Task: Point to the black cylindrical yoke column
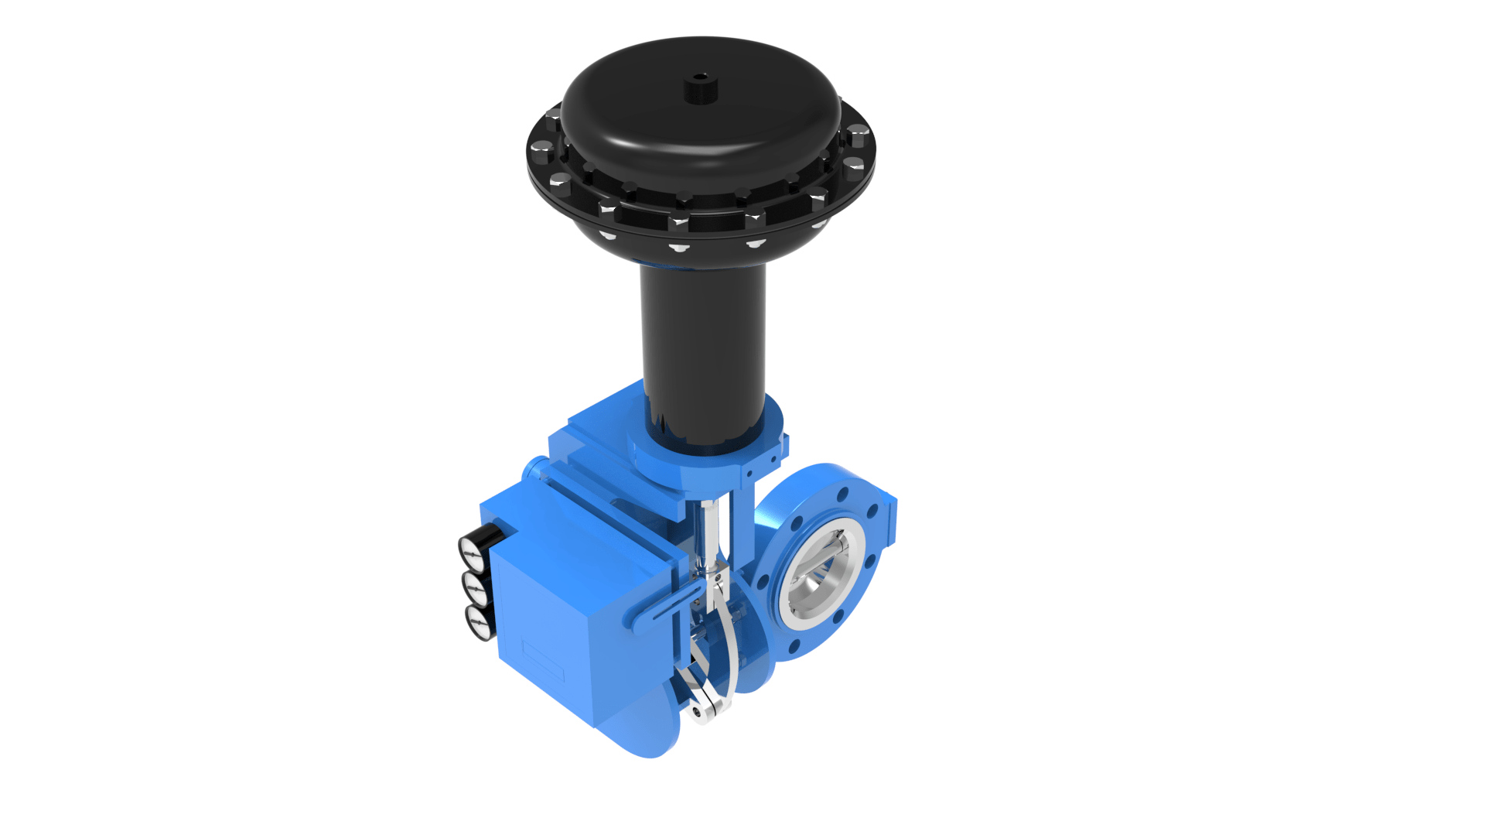point(702,348)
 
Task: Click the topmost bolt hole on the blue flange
point(844,492)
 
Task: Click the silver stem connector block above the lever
point(716,576)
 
